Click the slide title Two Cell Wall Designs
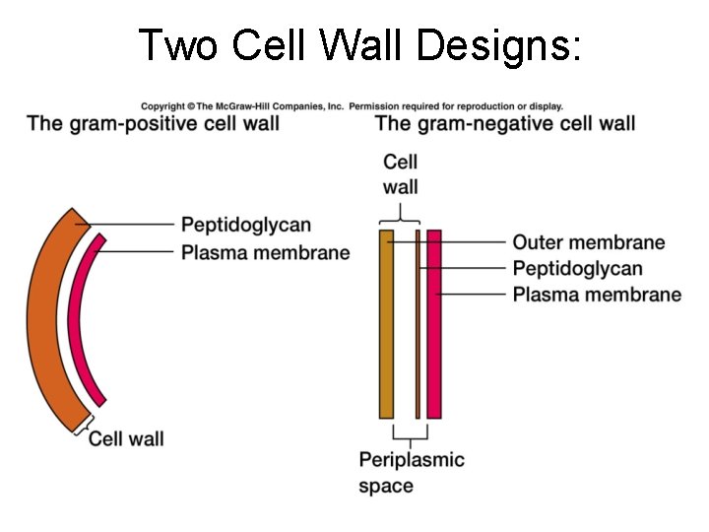(x=359, y=45)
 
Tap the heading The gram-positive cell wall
(x=154, y=124)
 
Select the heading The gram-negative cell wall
(x=505, y=124)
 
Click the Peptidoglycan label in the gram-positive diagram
(x=246, y=226)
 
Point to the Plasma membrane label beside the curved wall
(x=266, y=253)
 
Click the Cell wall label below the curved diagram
(x=127, y=438)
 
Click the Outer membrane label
(x=589, y=242)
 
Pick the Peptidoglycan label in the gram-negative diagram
(x=578, y=268)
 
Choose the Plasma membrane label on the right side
(x=597, y=295)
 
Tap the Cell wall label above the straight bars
(x=401, y=174)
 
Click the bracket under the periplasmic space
(x=409, y=434)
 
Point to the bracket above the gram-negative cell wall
(x=400, y=216)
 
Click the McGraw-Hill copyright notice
(x=353, y=105)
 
